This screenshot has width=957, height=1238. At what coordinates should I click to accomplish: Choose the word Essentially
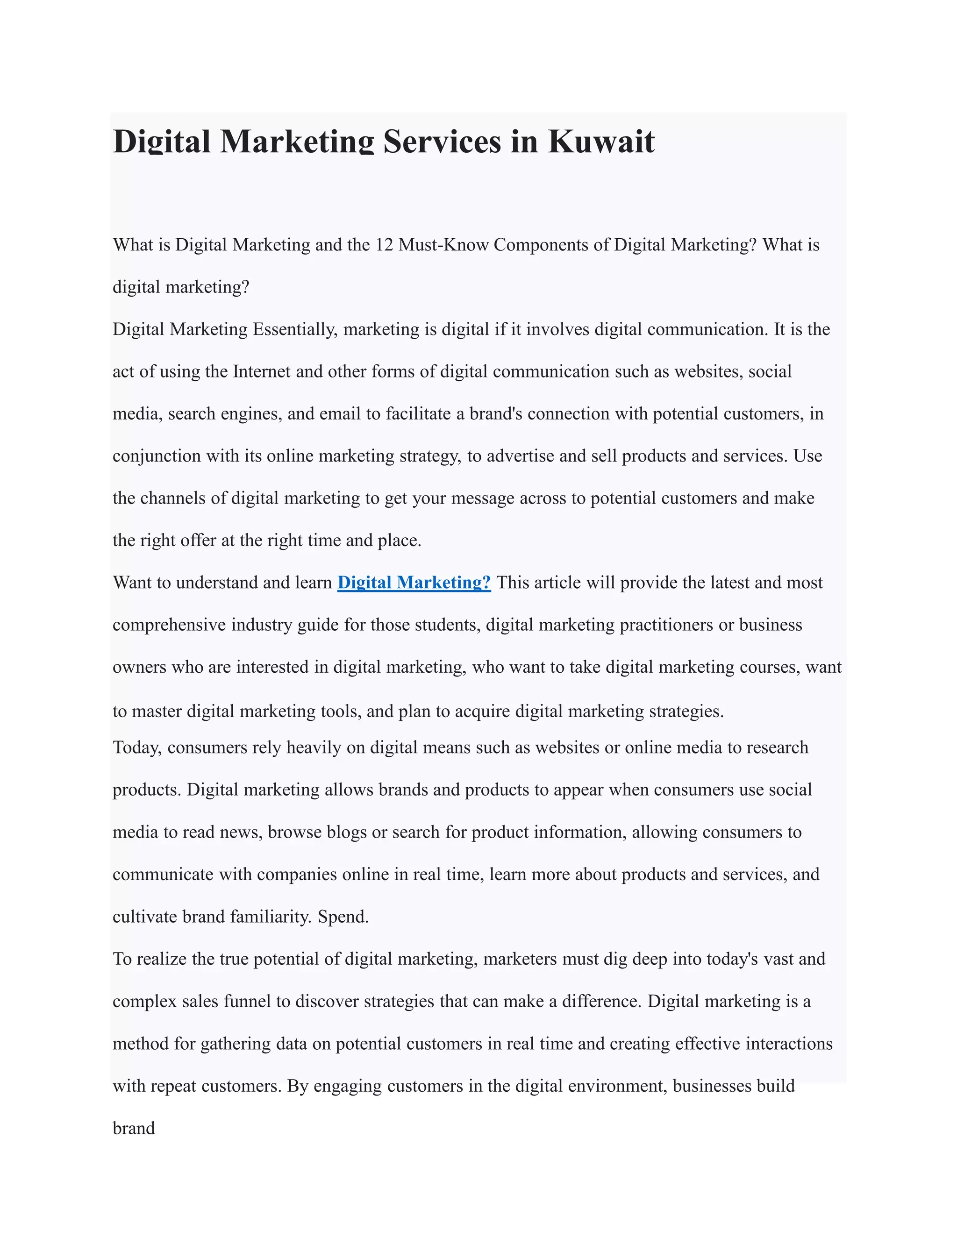coord(295,329)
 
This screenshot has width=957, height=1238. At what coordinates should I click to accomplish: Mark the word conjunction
coord(157,456)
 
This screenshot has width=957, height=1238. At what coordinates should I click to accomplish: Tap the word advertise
coord(520,456)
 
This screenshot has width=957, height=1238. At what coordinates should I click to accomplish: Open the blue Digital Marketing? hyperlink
coord(414,583)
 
